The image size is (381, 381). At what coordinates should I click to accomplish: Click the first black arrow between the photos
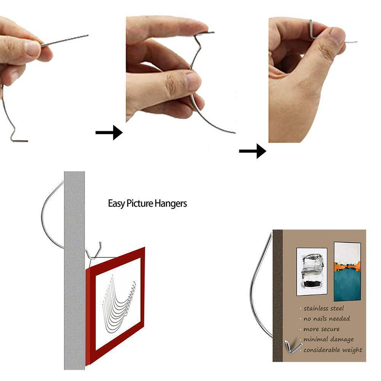point(109,133)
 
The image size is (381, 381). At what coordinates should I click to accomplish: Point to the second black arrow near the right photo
point(253,151)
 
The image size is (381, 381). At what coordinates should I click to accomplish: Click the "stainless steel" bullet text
point(323,308)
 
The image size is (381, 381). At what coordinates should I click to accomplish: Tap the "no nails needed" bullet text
point(327,319)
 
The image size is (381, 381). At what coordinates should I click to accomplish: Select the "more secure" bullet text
point(322,329)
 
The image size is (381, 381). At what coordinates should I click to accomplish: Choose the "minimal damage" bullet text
point(328,339)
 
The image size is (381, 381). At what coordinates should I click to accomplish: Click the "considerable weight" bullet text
point(333,350)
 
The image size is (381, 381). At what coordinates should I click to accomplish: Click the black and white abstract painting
point(312,271)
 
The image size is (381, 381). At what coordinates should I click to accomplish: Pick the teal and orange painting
point(347,271)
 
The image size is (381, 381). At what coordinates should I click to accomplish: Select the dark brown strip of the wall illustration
point(278,296)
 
